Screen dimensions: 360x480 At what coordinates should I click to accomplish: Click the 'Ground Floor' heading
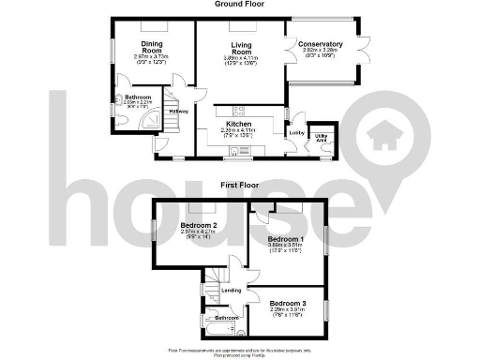239,4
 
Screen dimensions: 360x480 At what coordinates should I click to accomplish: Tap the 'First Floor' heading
239,186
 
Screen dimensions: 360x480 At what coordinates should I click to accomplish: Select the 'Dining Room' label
153,47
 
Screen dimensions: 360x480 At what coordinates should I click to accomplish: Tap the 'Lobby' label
296,133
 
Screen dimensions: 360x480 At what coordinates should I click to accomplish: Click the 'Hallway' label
178,112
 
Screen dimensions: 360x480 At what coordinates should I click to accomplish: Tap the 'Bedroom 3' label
288,304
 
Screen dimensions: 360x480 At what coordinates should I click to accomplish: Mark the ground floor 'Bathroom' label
138,97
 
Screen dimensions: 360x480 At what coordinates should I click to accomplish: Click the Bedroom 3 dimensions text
288,313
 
